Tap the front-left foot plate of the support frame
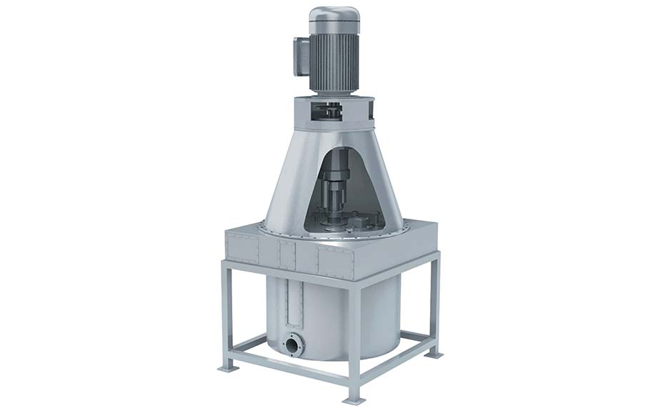coord(227,366)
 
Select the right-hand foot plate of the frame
coord(434,354)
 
